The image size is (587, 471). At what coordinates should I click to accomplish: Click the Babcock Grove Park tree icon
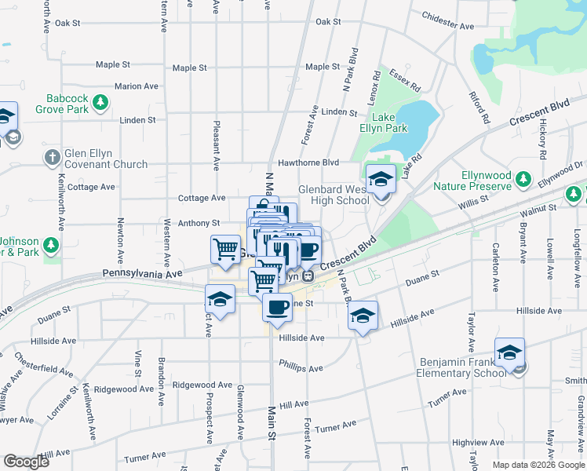(100, 101)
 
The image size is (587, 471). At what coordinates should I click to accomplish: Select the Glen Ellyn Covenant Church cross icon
(52, 156)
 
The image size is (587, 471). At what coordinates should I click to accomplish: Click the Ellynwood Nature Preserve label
(473, 181)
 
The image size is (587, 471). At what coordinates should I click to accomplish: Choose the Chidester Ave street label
(447, 20)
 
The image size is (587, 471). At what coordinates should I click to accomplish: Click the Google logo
(26, 462)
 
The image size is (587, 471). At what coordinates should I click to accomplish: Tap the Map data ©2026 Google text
(538, 465)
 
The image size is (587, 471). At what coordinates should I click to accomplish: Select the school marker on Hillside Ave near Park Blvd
(363, 316)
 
